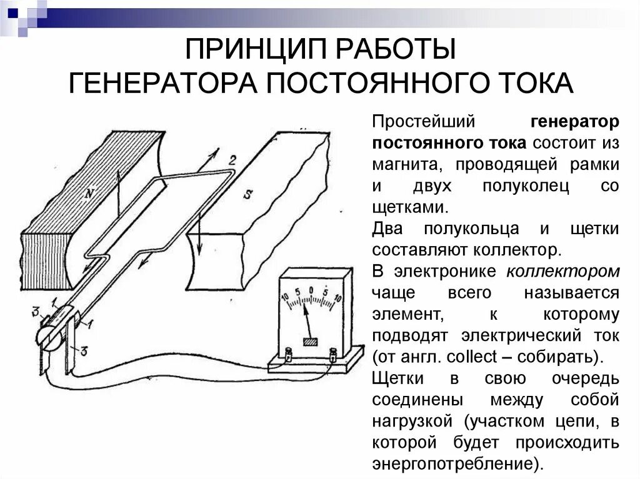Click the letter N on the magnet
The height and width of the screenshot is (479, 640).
[x=91, y=193]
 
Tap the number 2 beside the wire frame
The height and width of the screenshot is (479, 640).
[x=232, y=160]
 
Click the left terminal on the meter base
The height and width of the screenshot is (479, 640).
[x=289, y=355]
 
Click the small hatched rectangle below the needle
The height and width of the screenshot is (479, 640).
[x=311, y=342]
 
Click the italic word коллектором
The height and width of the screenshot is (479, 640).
[x=562, y=271]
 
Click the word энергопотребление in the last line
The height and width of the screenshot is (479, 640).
[x=453, y=464]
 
